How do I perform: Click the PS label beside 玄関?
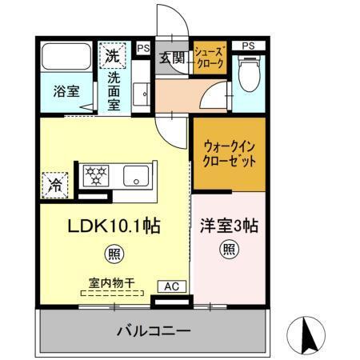143,48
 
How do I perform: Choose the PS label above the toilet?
249,46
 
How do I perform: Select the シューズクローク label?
210,58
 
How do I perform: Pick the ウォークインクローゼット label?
228,153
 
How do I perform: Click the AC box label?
172,286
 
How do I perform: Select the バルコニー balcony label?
154,330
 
